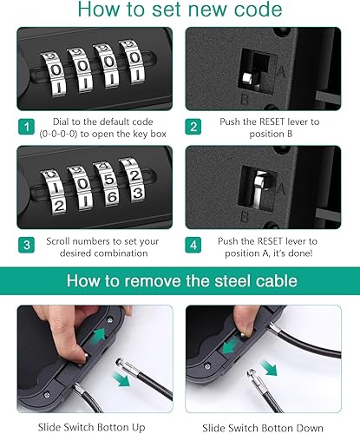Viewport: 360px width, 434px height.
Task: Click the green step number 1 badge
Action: (26, 127)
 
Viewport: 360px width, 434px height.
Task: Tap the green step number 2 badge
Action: (193, 127)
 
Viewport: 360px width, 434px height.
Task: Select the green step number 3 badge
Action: (26, 245)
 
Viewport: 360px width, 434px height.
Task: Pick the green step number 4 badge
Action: (193, 245)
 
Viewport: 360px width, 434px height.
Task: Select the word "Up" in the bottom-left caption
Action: (138, 427)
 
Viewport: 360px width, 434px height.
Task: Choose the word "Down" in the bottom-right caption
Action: (309, 428)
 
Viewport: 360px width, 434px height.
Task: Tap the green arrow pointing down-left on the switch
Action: (231, 346)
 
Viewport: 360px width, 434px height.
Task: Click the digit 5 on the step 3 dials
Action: (108, 180)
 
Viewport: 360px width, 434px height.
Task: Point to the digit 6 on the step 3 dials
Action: (111, 198)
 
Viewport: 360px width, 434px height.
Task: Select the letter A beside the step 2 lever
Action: (281, 70)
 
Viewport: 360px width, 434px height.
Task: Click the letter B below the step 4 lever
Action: (245, 217)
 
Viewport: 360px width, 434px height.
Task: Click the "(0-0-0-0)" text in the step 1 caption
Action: (58, 134)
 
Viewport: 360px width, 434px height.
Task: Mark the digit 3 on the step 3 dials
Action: (138, 193)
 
